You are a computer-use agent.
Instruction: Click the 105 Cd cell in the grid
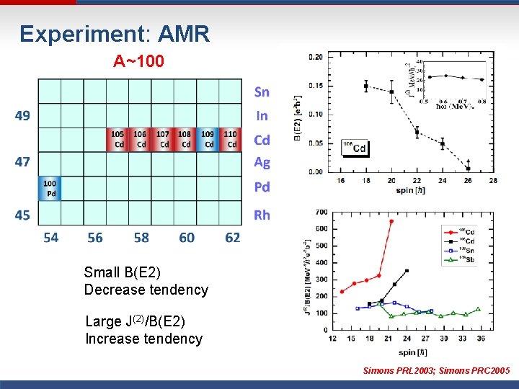(117, 139)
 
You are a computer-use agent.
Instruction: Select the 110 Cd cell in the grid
(230, 139)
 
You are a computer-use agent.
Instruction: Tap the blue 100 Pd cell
(50, 189)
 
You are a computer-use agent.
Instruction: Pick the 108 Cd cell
(185, 139)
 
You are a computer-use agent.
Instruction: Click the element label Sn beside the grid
(262, 92)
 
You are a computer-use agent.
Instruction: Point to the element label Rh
(262, 215)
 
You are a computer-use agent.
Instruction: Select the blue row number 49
(22, 115)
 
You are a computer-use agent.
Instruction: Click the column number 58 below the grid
(141, 237)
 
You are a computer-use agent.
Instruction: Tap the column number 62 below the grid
(232, 237)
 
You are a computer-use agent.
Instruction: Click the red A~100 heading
(138, 62)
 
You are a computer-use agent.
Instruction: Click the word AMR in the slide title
(183, 34)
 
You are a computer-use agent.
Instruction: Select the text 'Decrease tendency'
(146, 290)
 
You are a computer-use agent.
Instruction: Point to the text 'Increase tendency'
(143, 339)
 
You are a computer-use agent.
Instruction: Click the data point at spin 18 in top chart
(366, 86)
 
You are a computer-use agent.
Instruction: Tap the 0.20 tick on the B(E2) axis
(315, 57)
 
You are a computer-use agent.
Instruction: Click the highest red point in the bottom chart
(391, 221)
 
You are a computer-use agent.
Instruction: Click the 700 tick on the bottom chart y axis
(321, 213)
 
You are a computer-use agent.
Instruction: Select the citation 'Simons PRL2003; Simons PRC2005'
(436, 371)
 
